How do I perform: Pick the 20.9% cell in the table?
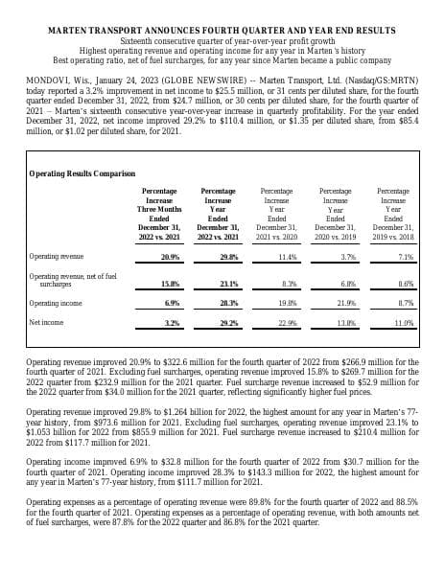pos(170,257)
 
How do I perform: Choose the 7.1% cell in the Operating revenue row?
pos(405,257)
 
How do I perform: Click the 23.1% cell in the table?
pos(229,284)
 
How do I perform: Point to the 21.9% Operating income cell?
pos(348,303)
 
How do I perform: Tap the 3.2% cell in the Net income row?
pos(172,323)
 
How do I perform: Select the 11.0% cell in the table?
pos(404,323)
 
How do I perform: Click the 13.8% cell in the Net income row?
pos(348,323)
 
